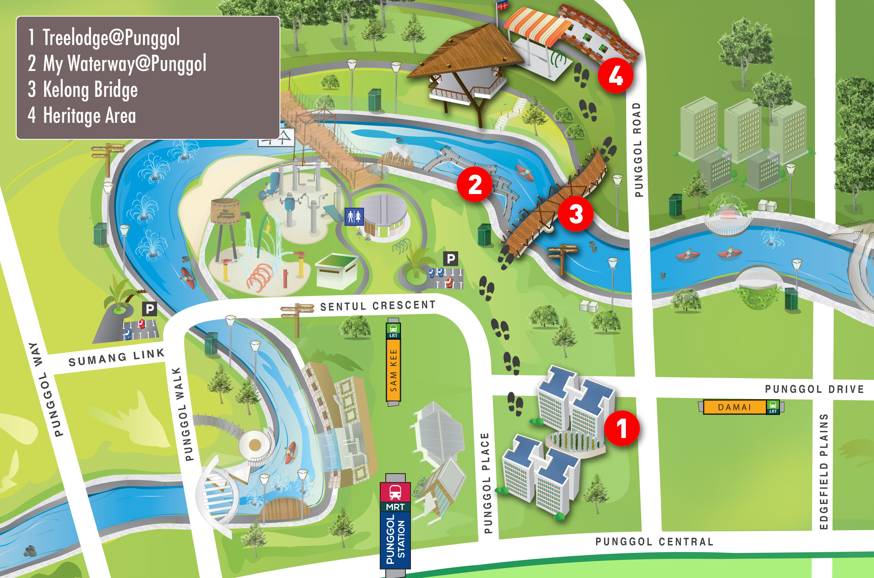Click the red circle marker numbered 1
pos(622,428)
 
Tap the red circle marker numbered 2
pos(475,184)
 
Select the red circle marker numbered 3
pos(576,213)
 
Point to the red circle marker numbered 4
pos(615,75)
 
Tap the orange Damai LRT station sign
pos(735,407)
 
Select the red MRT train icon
pos(395,492)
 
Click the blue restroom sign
pos(354,216)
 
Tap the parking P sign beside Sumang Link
pos(149,309)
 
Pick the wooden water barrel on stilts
pos(225,211)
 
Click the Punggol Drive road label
pos(814,389)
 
